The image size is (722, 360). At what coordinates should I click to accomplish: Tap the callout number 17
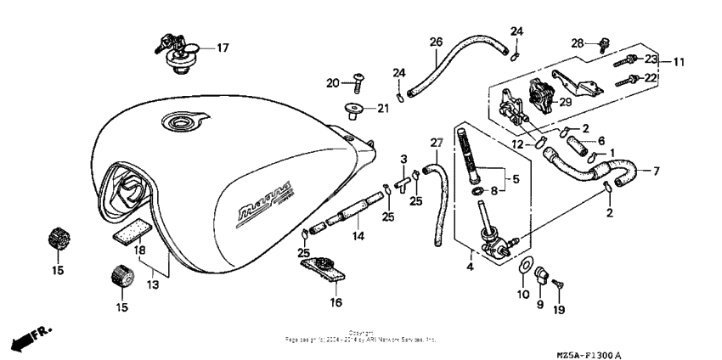(223, 48)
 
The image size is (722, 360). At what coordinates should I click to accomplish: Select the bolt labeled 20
(358, 81)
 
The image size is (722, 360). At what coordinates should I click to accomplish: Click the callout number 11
(679, 62)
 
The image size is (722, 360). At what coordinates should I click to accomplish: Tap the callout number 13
(153, 285)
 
